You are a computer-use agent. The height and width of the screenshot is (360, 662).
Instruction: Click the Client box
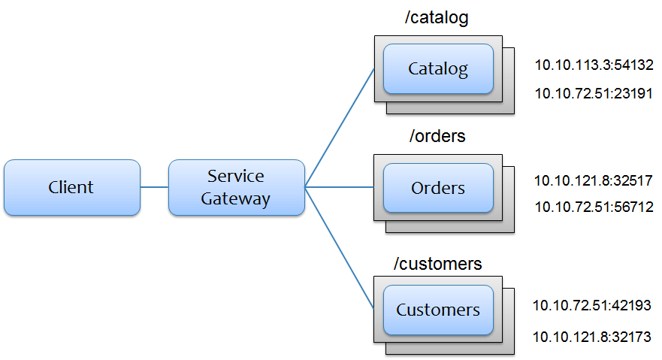(71, 187)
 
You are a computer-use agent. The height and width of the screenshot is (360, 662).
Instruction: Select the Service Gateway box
(236, 187)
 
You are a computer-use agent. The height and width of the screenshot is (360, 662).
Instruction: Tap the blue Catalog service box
(438, 69)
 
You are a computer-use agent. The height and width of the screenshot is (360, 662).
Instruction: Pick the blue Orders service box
(438, 188)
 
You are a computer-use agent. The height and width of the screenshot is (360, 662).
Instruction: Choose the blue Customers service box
(438, 310)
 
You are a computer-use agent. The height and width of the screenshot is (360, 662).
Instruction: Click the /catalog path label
(437, 18)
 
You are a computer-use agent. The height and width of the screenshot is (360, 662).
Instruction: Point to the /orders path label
(437, 137)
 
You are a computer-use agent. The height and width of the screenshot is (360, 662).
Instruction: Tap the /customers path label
(438, 264)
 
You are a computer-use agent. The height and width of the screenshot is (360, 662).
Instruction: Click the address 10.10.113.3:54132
(594, 65)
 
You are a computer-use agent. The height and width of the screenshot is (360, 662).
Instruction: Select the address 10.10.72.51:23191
(594, 93)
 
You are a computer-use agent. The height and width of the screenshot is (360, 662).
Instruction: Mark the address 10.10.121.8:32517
(594, 181)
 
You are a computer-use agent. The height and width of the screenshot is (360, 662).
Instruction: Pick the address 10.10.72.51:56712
(594, 207)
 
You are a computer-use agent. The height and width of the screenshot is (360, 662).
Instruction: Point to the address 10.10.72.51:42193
(593, 305)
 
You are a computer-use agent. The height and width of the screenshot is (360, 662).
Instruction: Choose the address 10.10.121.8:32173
(593, 337)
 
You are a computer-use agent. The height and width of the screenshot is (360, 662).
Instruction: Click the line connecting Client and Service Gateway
(154, 187)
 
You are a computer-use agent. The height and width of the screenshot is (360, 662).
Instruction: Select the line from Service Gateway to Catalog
(340, 128)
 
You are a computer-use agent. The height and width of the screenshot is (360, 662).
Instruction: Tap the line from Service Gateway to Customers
(340, 248)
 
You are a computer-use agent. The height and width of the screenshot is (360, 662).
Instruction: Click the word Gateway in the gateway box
(236, 198)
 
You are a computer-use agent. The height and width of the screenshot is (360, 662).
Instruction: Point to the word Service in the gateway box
(236, 176)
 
